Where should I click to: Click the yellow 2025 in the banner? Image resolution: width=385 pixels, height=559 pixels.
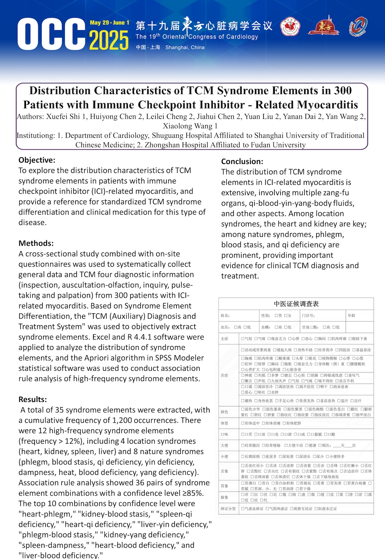[109, 40]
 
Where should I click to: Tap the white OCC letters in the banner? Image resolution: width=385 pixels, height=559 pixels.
[51, 35]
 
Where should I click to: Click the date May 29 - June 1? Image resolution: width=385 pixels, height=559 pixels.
[109, 23]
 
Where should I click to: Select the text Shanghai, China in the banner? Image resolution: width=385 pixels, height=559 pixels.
[185, 47]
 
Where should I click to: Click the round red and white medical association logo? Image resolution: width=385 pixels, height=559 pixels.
[290, 27]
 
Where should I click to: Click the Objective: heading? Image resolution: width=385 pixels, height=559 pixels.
[37, 160]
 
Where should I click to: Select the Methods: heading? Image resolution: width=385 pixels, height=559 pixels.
[36, 244]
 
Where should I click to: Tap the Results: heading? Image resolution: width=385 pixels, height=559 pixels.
[33, 399]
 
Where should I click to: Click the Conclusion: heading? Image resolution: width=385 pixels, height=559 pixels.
[242, 162]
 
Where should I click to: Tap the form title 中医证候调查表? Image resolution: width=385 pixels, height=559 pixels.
[296, 304]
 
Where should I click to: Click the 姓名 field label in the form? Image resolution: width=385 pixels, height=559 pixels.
[225, 316]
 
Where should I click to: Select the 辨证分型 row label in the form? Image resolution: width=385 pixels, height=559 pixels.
[228, 509]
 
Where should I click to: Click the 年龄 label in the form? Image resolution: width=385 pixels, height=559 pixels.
[351, 316]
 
